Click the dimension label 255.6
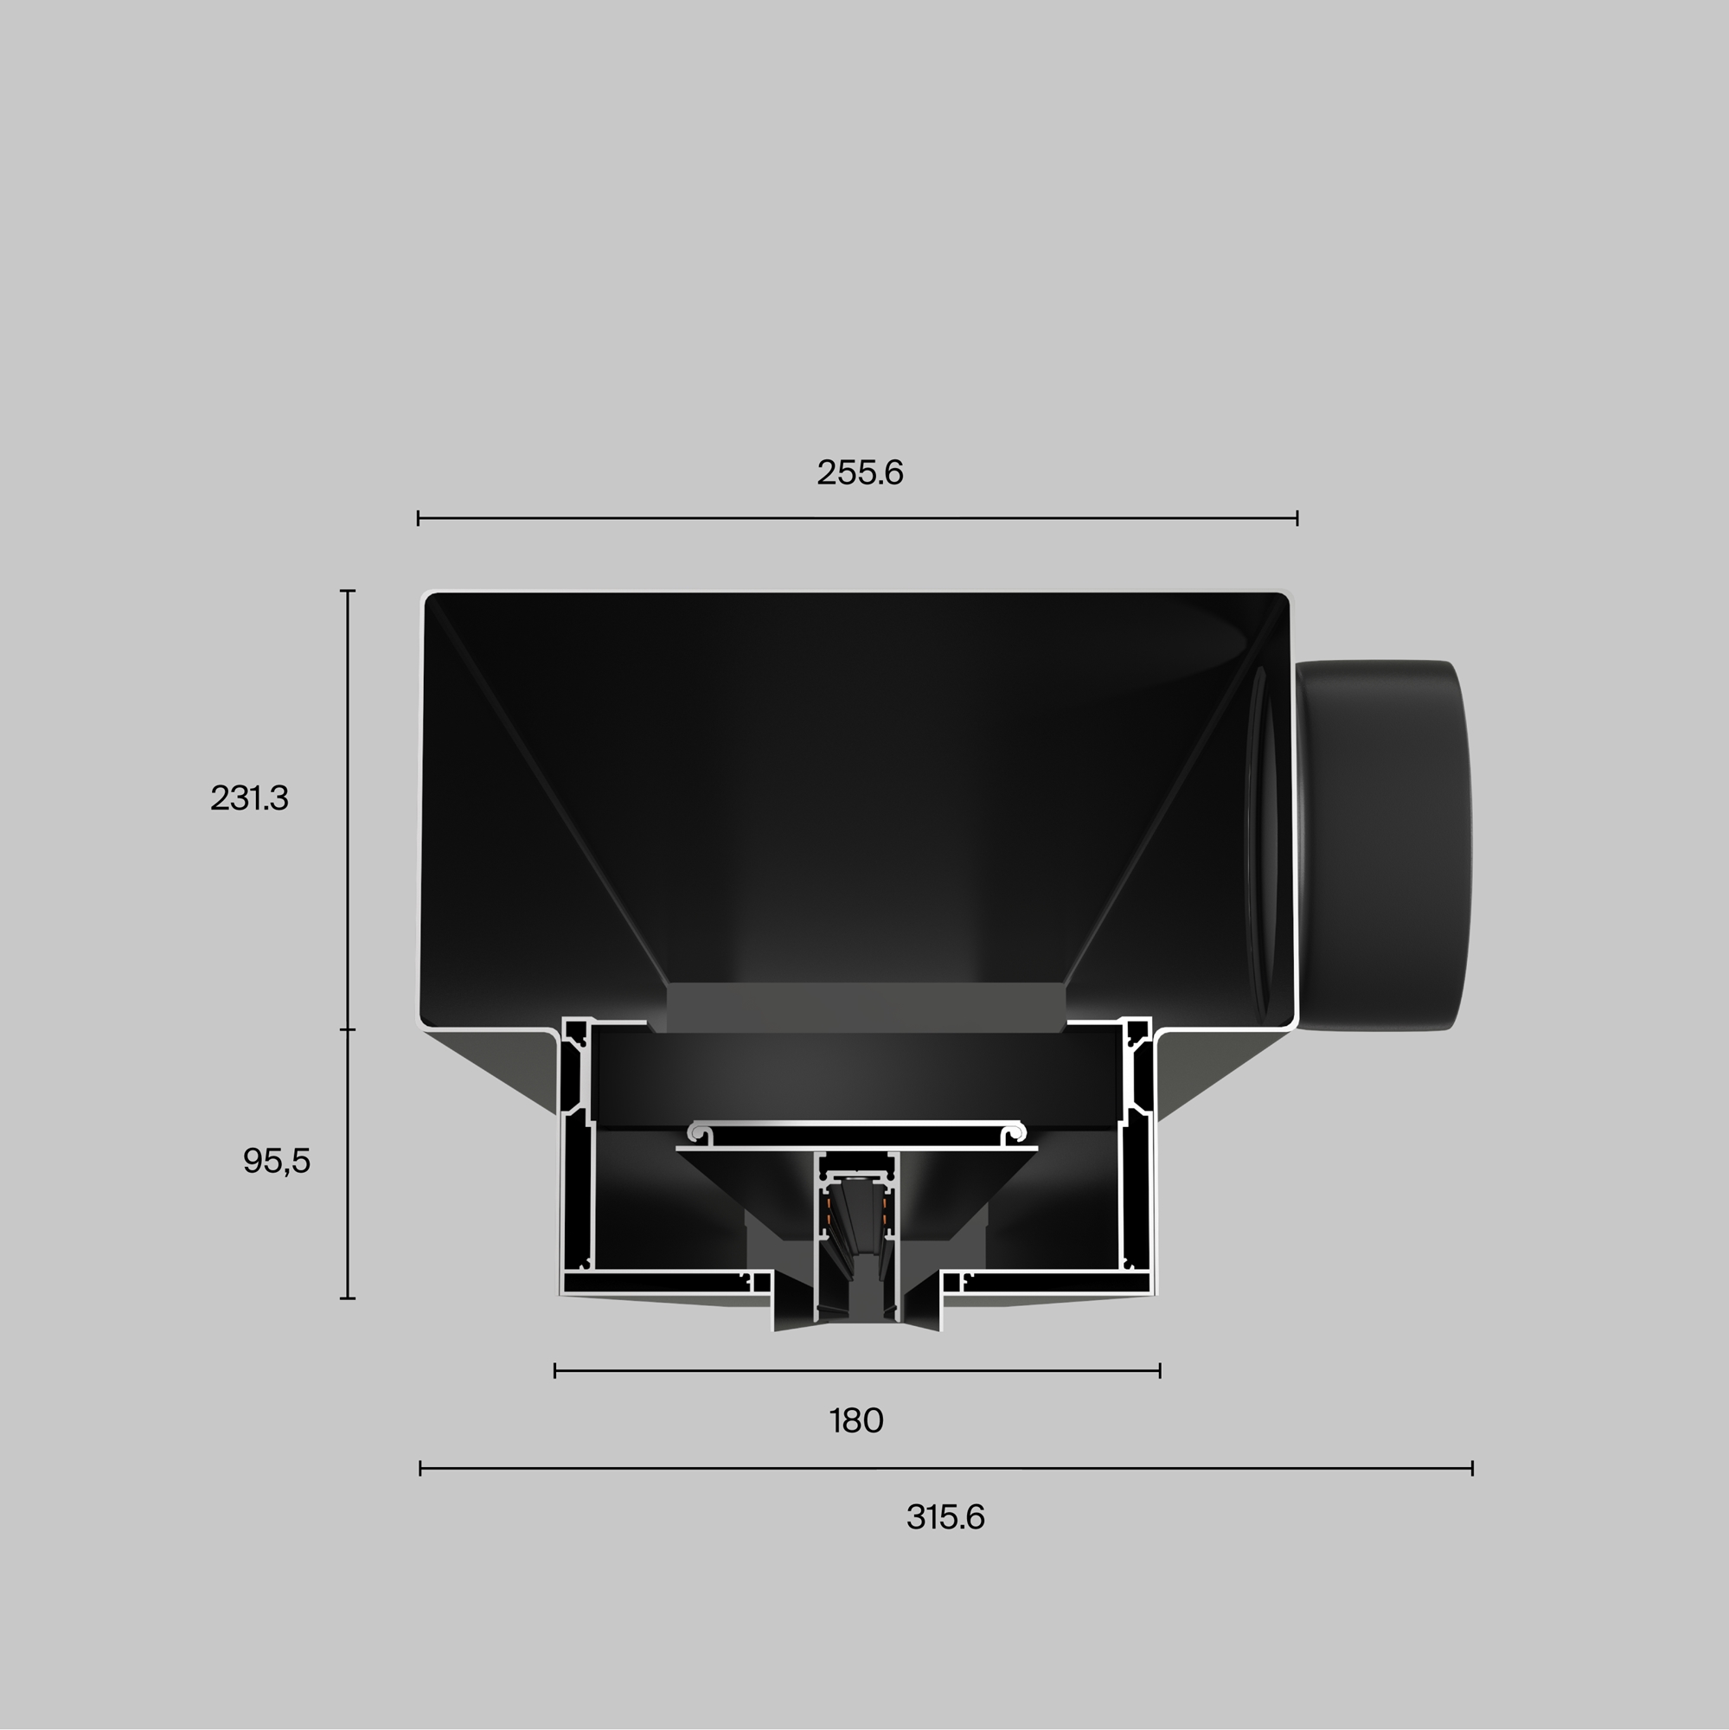pos(860,473)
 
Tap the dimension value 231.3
pos(249,798)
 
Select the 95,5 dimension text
pos(277,1162)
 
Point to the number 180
pos(856,1421)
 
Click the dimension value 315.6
pos(945,1518)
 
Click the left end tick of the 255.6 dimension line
pos(418,517)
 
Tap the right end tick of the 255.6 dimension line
pos(1297,517)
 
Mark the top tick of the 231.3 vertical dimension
pos(349,591)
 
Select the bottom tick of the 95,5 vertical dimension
pos(349,1297)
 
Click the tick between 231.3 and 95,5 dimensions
pos(349,1029)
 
